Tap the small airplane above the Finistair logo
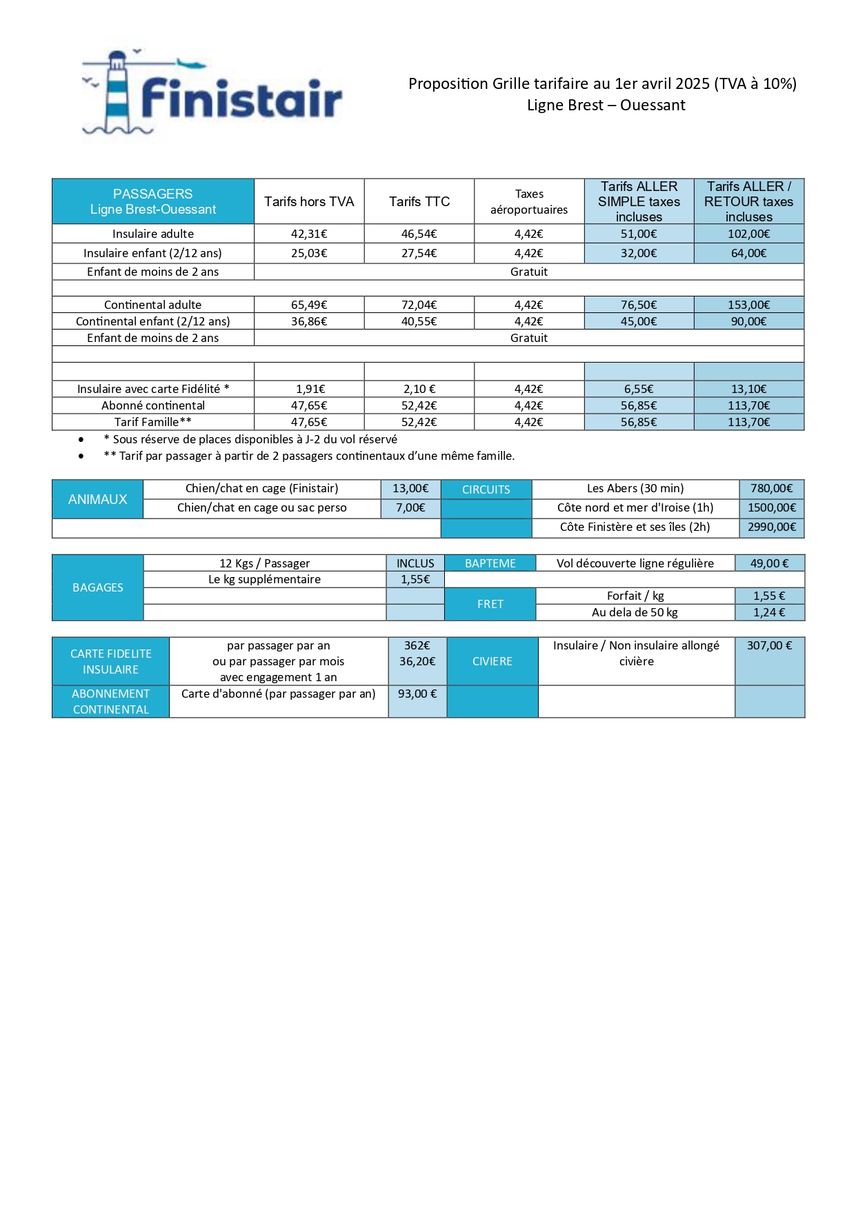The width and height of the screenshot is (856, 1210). [192, 65]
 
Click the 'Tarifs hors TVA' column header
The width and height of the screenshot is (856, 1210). [309, 201]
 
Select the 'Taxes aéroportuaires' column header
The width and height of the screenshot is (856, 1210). [529, 201]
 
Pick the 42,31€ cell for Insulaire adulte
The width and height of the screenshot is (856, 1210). [309, 234]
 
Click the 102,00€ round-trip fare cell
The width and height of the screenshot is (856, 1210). [748, 234]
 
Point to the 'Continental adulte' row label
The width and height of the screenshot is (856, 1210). [153, 305]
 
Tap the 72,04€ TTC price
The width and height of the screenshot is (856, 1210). [419, 305]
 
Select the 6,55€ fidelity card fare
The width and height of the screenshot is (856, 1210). [639, 389]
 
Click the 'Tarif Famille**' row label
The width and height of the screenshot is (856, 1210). [153, 422]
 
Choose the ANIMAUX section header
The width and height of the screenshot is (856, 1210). [98, 499]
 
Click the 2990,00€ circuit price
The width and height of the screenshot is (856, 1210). [772, 527]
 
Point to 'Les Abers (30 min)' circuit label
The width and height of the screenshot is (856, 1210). [635, 488]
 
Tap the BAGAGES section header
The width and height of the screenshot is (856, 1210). [98, 587]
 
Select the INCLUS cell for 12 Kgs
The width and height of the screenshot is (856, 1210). [415, 563]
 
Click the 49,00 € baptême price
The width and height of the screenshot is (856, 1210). [770, 563]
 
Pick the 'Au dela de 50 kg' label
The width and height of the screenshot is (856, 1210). [635, 612]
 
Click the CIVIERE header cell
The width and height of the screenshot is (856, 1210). [492, 661]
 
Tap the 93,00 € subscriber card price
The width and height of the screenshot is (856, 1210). [417, 694]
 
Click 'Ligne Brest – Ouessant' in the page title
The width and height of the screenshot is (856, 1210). [606, 105]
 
